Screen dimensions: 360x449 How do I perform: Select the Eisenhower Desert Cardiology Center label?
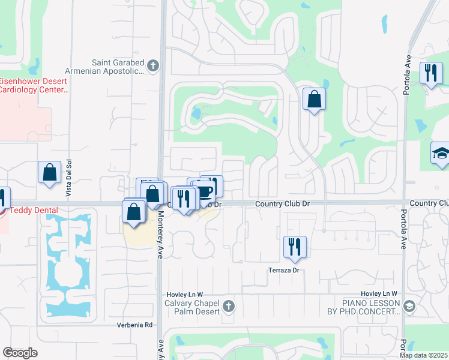click(34, 85)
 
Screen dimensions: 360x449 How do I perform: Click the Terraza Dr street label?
click(283, 271)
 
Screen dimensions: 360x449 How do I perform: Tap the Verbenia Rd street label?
click(135, 325)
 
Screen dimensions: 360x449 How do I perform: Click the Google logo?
click(20, 352)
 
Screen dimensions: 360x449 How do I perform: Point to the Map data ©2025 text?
click(423, 355)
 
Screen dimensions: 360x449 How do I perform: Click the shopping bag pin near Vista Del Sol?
click(50, 172)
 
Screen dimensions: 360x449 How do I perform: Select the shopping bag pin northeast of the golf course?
click(313, 99)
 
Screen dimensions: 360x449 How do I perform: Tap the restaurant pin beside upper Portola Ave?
click(430, 74)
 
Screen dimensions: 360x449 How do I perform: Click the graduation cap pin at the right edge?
click(441, 154)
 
